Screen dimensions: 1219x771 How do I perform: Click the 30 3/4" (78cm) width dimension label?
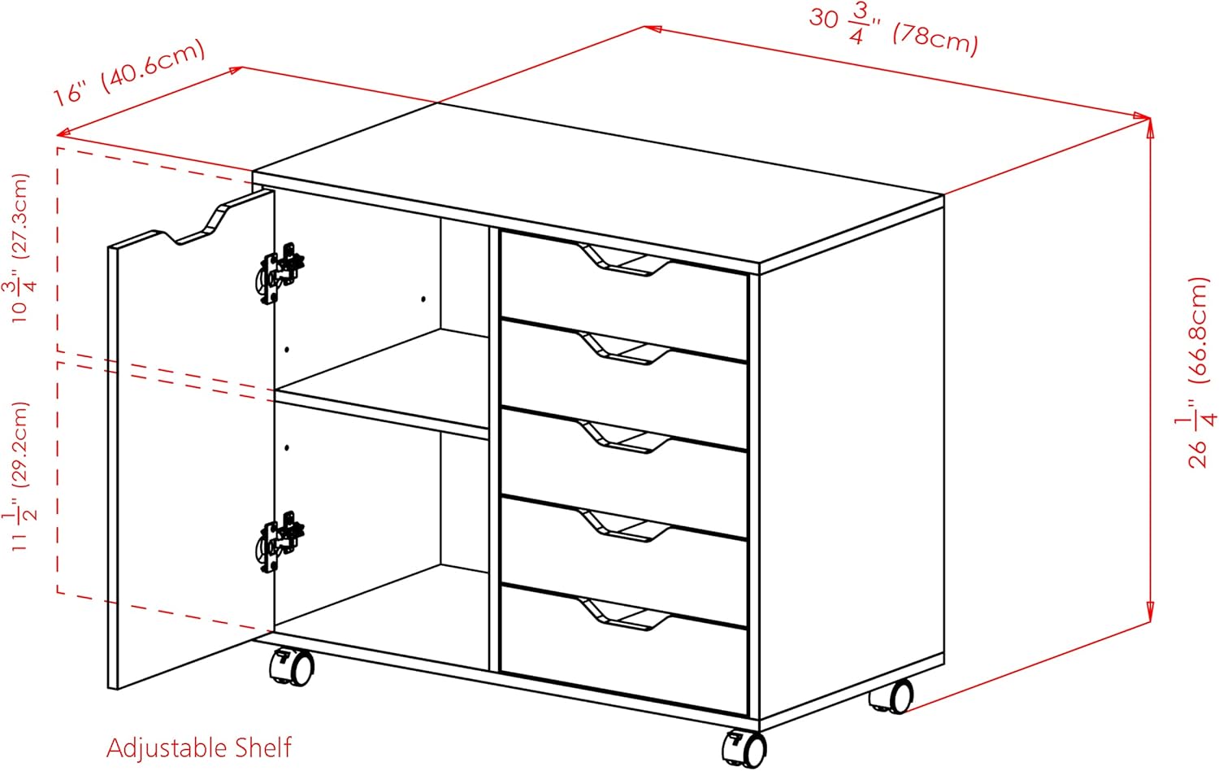(x=894, y=33)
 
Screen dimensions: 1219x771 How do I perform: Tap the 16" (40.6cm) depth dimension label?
(x=129, y=73)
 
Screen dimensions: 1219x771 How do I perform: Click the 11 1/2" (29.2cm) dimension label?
(x=20, y=477)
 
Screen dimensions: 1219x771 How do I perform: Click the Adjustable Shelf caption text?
(x=198, y=747)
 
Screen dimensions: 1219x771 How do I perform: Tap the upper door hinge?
(x=280, y=272)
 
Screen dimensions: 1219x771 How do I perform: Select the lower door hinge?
(x=280, y=542)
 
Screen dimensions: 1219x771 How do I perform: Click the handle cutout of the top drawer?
(x=624, y=260)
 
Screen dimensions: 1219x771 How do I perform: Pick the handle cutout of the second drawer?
(x=624, y=348)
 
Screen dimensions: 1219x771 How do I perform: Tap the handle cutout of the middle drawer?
(x=624, y=438)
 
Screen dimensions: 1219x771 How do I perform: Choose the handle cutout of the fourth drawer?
(x=624, y=525)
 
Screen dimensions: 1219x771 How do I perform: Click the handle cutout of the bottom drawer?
(x=624, y=614)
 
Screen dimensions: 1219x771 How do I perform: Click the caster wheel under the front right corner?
(x=744, y=749)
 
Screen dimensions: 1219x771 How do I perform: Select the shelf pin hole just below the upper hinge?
(x=287, y=350)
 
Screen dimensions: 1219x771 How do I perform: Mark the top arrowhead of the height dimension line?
(x=1150, y=126)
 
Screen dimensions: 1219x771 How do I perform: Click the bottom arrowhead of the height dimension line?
(x=1150, y=612)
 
